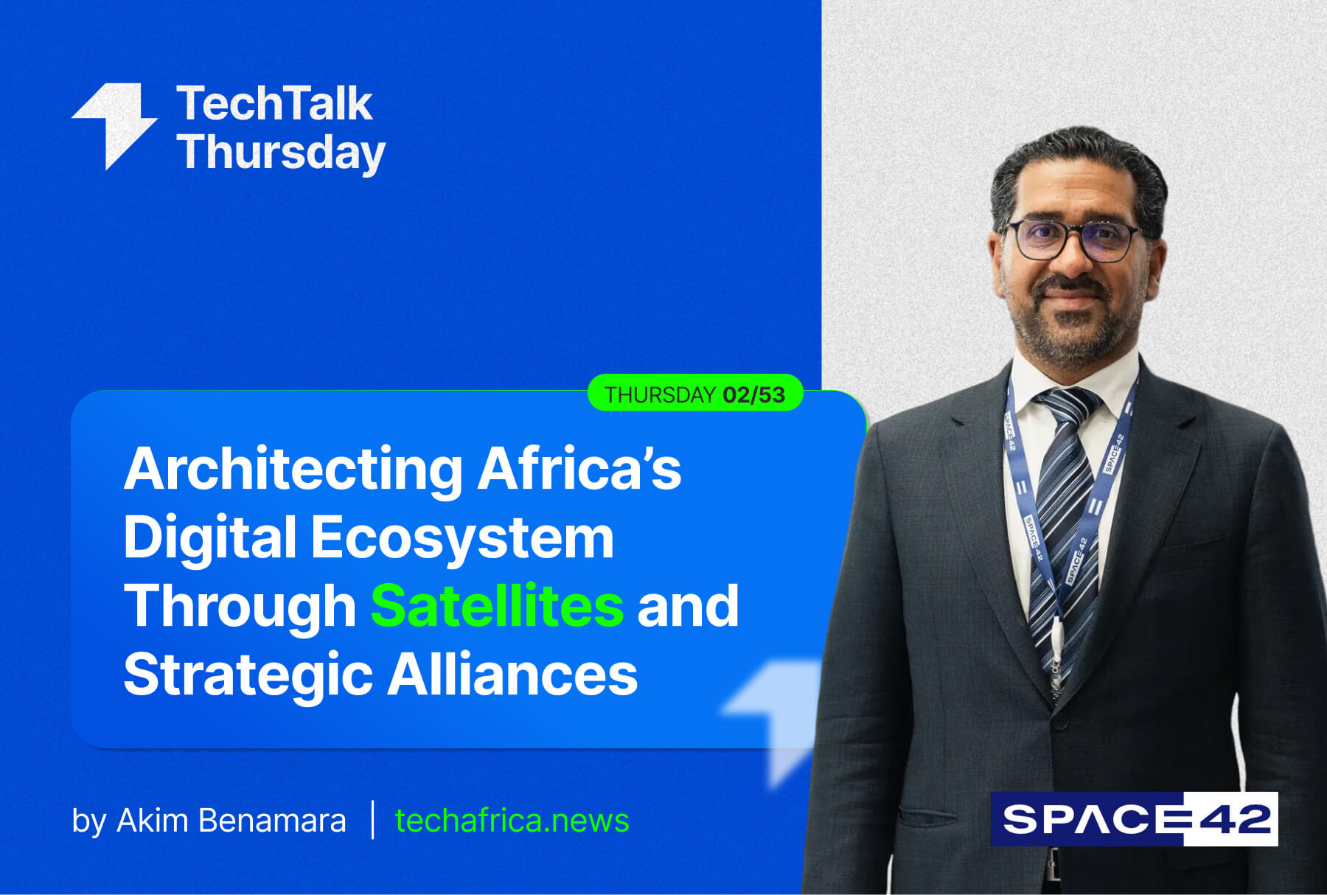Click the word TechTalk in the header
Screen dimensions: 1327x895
click(x=274, y=103)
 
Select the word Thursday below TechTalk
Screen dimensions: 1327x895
click(x=281, y=153)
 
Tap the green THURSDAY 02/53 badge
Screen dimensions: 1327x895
click(x=695, y=394)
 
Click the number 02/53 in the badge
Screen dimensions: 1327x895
click(x=753, y=395)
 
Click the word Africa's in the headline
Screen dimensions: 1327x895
click(x=579, y=469)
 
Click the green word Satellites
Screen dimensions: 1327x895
click(x=497, y=605)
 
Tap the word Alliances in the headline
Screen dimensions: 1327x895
click(x=513, y=674)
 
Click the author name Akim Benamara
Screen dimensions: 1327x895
click(x=231, y=821)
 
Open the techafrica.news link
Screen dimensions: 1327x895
click(x=512, y=821)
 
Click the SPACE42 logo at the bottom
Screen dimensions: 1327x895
click(x=1134, y=818)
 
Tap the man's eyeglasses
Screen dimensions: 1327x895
click(x=1073, y=240)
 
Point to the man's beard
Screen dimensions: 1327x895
click(x=1074, y=324)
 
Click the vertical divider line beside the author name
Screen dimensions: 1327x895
click(x=372, y=820)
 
